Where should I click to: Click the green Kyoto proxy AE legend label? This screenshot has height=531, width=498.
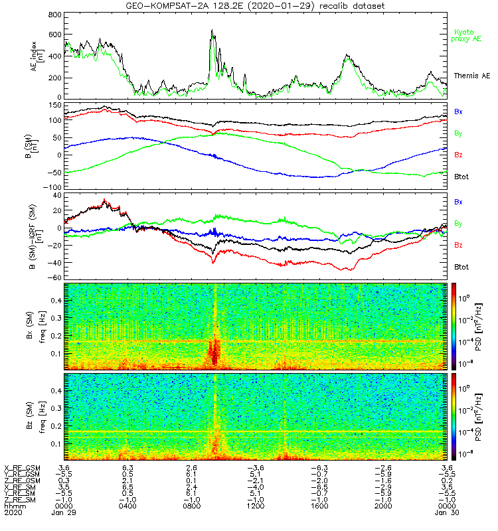click(x=467, y=35)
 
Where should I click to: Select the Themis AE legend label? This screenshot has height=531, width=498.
click(x=468, y=76)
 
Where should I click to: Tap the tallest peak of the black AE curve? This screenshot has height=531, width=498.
click(x=212, y=30)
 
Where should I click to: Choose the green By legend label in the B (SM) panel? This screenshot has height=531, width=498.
click(x=458, y=133)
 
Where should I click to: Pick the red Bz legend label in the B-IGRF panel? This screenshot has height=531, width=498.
click(x=458, y=245)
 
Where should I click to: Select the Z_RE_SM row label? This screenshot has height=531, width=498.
click(x=21, y=499)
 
